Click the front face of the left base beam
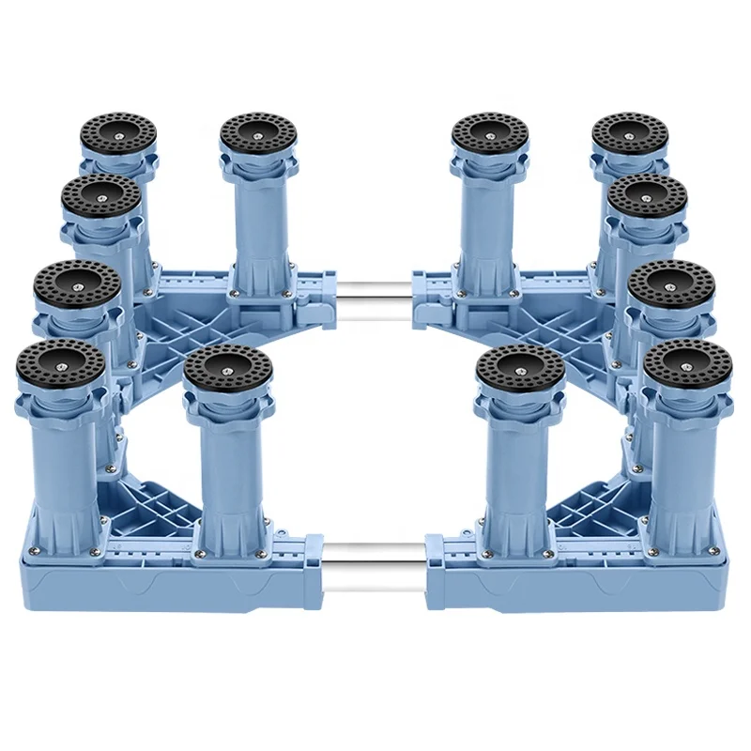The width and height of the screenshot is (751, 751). click(169, 587)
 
